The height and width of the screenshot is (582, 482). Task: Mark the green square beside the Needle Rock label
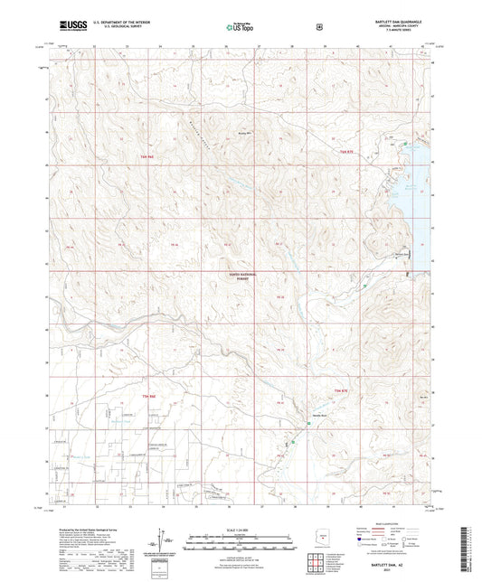291,443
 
